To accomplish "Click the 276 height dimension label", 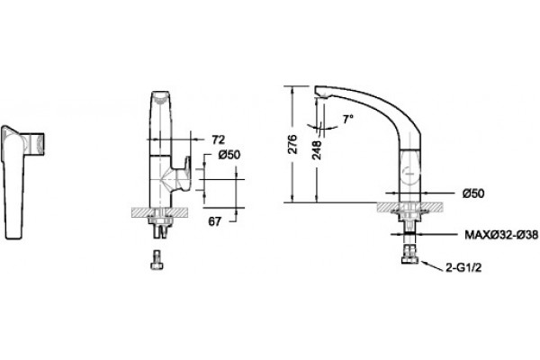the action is [292, 144].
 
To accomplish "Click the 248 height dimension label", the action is [316, 150].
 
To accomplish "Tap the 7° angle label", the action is [348, 119].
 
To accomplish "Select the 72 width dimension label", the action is [218, 139].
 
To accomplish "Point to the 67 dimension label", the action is [214, 221].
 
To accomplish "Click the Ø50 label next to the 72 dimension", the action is [229, 155].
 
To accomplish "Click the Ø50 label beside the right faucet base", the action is [472, 193].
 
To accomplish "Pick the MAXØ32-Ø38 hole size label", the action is [501, 235].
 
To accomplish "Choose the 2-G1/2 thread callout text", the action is [463, 267].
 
